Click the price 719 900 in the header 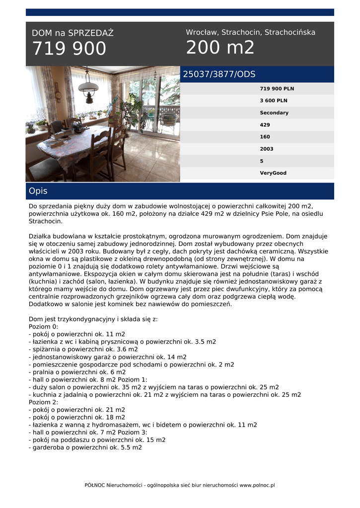tap(69, 49)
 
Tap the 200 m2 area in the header tap(220, 48)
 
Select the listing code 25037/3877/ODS tap(219, 74)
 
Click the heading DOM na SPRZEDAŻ tap(72, 33)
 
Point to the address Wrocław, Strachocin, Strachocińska tap(250, 32)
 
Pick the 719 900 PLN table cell tap(277, 89)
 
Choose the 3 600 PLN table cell tap(273, 101)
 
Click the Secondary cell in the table tap(274, 113)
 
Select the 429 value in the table tap(265, 125)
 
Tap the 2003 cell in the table tap(266, 149)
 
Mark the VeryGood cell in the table tap(273, 173)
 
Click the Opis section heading tap(38, 191)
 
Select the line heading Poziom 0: tap(44, 326)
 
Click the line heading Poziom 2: tap(44, 402)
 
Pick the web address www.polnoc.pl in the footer tap(257, 485)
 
